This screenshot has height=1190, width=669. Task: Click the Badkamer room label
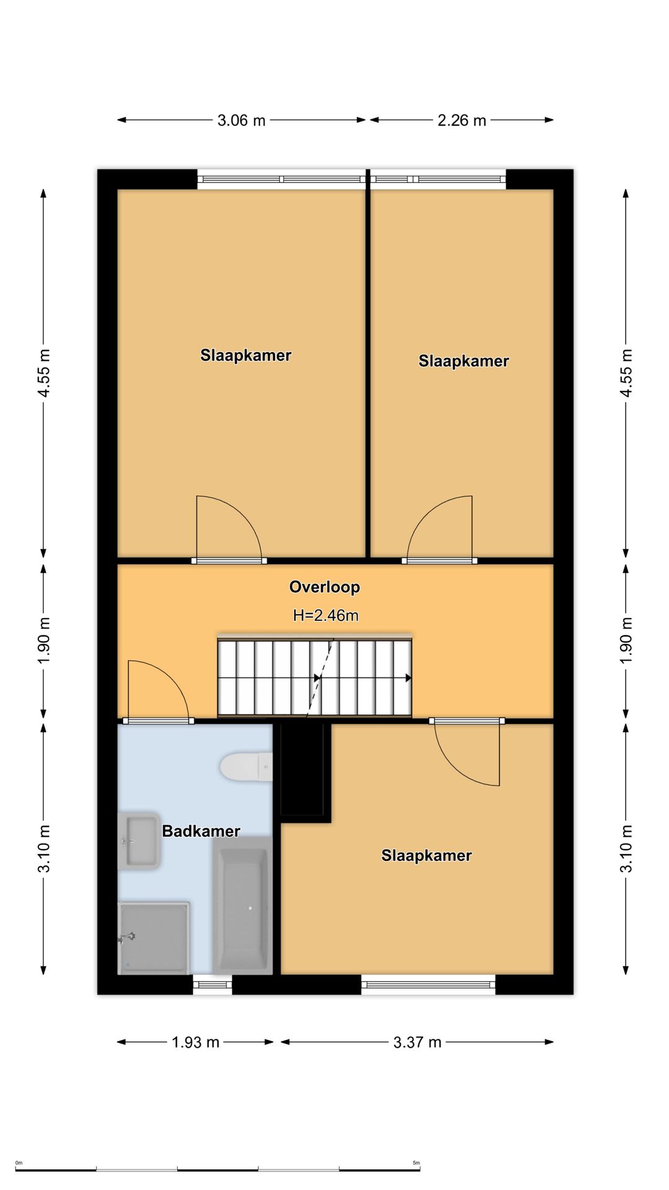pos(201,831)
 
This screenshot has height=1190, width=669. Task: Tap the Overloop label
pos(325,587)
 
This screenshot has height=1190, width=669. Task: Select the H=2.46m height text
pos(326,615)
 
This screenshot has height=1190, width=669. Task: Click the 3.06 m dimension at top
pos(242,120)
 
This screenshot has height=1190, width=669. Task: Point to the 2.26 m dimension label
pos(462,120)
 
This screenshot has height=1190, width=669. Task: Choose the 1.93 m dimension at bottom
pos(196,1042)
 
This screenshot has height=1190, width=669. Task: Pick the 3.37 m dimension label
pos(418,1042)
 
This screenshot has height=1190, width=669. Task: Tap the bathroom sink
pos(139,841)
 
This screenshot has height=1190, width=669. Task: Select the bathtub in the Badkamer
pos(242,904)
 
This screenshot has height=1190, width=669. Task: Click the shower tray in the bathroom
pos(154,938)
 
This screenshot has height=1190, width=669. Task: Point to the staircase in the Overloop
pos(315,676)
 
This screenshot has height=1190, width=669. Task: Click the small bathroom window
pos(212,985)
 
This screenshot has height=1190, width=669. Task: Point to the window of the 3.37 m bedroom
pos(429,985)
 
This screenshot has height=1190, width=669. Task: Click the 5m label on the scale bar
pos(416,1163)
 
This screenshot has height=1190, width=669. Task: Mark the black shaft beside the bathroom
pos(302,770)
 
